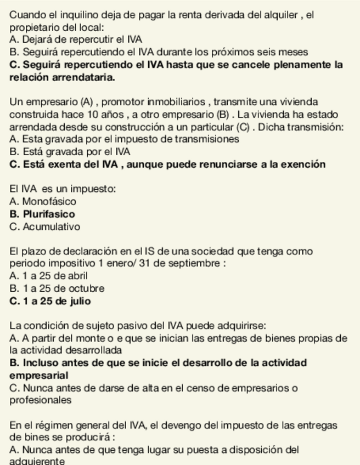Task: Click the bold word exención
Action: point(300,164)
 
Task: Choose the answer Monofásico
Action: point(49,201)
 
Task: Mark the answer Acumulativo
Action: point(51,226)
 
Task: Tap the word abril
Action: point(76,276)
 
